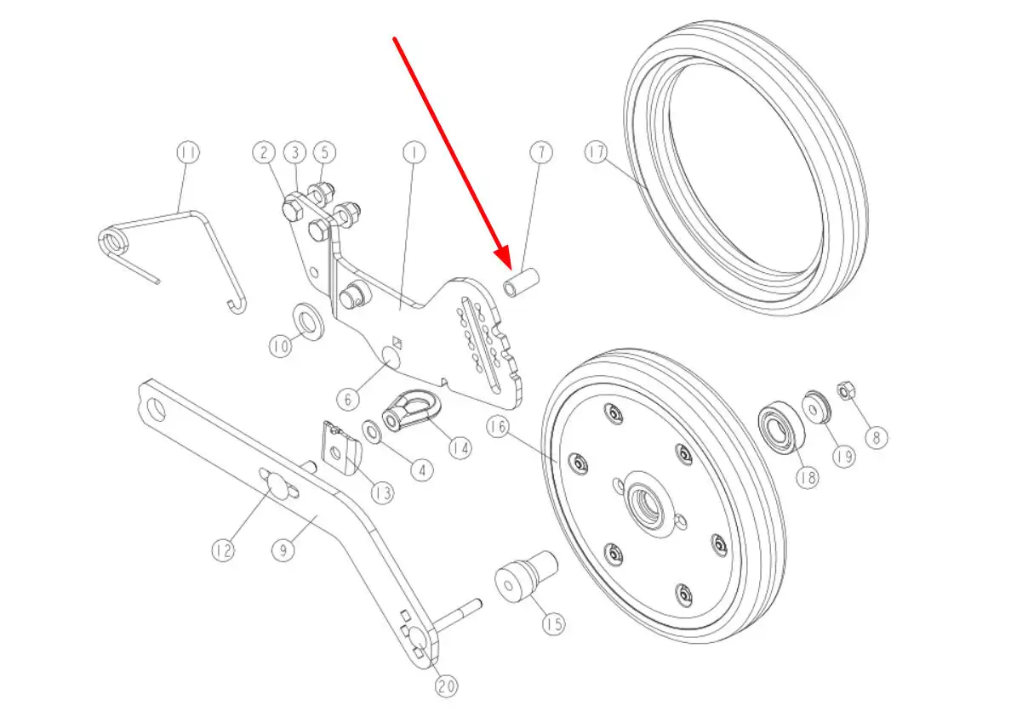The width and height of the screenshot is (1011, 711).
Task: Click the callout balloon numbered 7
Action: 541,152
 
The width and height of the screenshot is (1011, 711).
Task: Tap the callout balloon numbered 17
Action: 597,152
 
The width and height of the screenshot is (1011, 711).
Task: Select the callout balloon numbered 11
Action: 188,152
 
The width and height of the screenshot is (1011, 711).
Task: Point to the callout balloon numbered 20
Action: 446,685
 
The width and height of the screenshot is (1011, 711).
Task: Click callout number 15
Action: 553,624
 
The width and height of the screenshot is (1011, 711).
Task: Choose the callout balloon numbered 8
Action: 877,438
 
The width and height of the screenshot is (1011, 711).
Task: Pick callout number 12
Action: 223,550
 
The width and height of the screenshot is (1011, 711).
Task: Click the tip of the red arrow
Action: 511,270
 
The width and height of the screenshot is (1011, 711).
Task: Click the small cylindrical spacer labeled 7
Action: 521,283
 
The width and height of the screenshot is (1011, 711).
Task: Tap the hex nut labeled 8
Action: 846,390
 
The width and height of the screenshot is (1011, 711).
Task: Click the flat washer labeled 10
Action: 309,321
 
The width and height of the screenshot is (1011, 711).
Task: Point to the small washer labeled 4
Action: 372,432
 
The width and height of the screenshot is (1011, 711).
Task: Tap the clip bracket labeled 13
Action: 340,449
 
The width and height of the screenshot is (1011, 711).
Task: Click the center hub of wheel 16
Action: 648,503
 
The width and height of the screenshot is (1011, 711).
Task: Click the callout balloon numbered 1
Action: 414,152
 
